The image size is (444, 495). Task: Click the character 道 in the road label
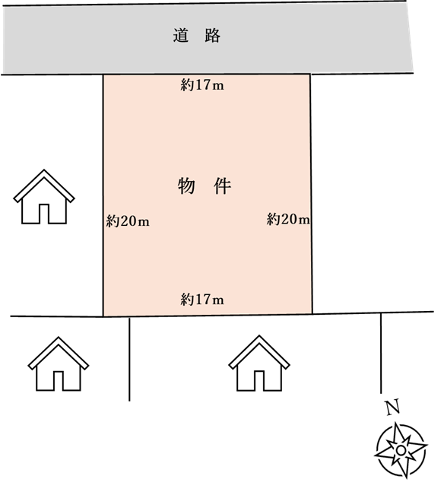point(181,35)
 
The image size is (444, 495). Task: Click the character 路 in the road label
point(212,35)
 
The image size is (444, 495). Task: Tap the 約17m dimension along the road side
point(202,85)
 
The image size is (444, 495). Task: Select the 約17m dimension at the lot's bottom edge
point(202,300)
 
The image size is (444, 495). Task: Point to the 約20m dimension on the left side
point(128,221)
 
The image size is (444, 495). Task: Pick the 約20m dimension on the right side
point(288,219)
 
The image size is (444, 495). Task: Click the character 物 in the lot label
point(186,186)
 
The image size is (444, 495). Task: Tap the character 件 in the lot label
point(223,186)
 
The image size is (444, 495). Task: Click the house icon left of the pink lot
point(44,197)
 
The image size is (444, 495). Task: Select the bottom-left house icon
point(59,364)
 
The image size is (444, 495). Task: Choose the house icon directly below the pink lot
point(259,363)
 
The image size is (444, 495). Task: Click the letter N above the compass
point(393,407)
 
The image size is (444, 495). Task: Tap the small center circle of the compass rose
point(401,450)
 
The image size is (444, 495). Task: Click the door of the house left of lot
point(44,214)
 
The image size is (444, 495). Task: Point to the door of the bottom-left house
point(59,381)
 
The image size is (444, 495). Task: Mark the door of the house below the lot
point(259,381)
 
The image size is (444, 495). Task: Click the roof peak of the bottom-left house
point(59,337)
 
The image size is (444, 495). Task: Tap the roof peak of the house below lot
point(259,335)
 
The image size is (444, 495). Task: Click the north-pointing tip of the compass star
point(395,423)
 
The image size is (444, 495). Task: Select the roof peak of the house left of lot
point(44,170)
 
